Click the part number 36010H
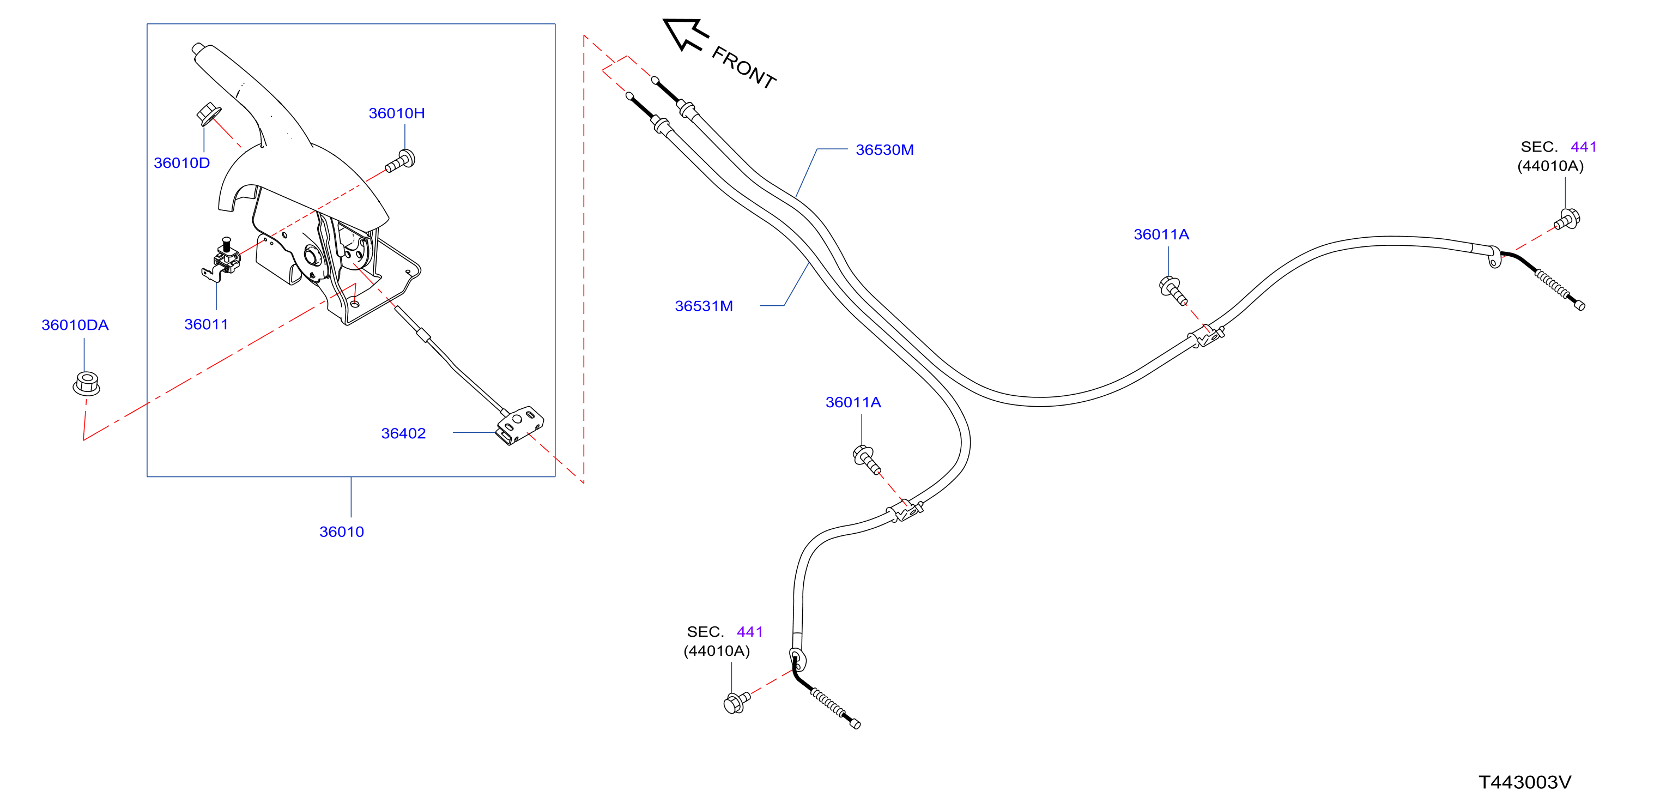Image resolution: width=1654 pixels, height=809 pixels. pos(396,113)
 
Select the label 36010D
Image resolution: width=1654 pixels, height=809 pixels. pos(181,163)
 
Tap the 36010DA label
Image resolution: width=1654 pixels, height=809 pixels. pos(75,325)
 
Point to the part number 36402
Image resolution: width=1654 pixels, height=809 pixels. pos(403,433)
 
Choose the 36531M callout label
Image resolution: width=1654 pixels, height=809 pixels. pos(704,306)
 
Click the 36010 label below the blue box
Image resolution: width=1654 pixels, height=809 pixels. pos(342,532)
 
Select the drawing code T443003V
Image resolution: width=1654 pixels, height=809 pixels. pos(1524,782)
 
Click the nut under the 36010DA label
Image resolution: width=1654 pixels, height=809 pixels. pos(86,383)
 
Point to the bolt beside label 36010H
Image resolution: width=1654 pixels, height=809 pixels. pos(401,161)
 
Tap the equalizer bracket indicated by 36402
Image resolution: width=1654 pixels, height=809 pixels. pos(519,425)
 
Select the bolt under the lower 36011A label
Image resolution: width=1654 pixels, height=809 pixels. pos(866,459)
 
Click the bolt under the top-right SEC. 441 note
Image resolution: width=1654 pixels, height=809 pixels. pos(1567,220)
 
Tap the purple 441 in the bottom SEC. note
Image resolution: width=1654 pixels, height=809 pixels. pos(749,632)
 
